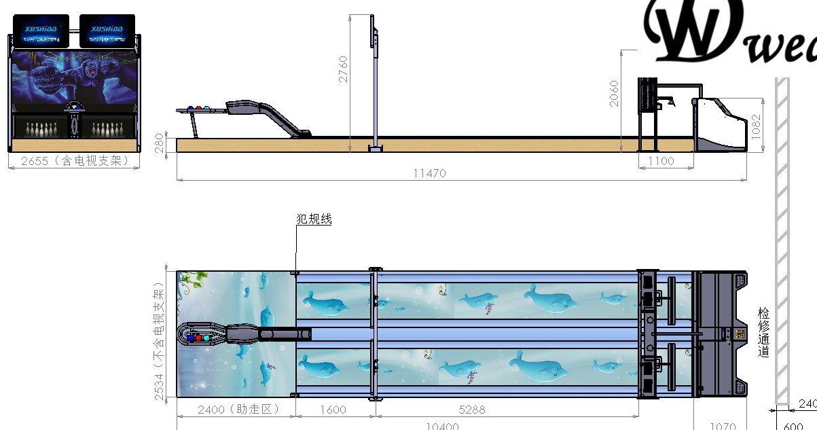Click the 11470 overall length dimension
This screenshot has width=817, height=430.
(x=429, y=173)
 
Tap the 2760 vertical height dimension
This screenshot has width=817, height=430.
(x=343, y=69)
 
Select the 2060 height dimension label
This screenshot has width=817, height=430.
(x=615, y=93)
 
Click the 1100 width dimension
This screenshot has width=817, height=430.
(x=660, y=161)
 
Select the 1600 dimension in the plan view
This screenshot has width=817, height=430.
(x=332, y=410)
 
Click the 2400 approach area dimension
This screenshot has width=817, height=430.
(x=234, y=410)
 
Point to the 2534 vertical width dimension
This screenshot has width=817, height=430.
(x=158, y=344)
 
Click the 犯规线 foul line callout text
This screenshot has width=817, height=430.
(x=314, y=219)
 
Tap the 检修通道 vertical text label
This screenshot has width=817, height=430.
(x=763, y=332)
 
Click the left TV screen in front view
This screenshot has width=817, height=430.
(x=41, y=31)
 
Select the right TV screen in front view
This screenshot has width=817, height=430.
(x=107, y=31)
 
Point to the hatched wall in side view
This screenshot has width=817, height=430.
(x=782, y=238)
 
